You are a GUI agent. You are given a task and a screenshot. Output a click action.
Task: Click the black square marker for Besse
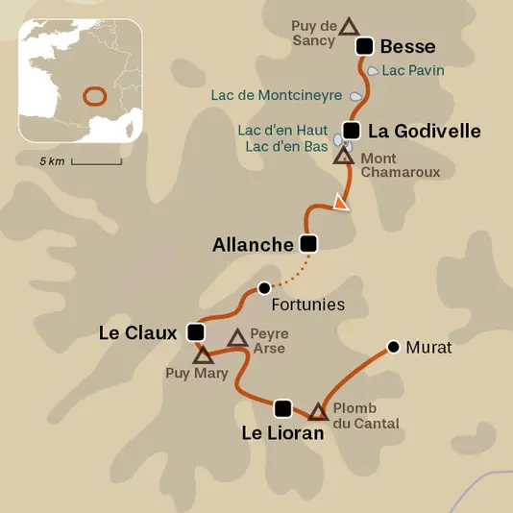(x=364, y=45)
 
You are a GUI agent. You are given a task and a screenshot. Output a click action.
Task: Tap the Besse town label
(x=407, y=46)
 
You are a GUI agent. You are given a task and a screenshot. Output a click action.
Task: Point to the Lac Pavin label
(x=412, y=70)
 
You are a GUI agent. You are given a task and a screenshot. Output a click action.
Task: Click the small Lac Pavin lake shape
(x=372, y=71)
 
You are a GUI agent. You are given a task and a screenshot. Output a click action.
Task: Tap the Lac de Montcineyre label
(x=278, y=95)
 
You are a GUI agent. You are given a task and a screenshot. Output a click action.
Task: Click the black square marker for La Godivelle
(x=352, y=131)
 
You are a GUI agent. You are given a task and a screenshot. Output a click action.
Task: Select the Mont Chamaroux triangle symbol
(x=343, y=155)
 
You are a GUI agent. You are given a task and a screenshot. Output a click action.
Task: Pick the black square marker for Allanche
(x=308, y=243)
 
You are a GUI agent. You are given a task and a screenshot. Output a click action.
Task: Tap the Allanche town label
(x=252, y=245)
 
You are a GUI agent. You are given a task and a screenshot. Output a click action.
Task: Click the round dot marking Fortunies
(x=264, y=287)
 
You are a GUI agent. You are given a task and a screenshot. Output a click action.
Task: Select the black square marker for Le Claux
(x=196, y=332)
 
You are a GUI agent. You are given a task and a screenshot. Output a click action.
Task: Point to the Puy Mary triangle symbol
(x=203, y=355)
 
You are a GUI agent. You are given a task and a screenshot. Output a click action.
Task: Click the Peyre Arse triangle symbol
(x=237, y=337)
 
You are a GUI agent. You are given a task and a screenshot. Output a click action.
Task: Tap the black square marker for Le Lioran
(x=282, y=407)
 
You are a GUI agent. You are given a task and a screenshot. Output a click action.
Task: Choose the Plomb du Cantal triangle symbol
(x=318, y=411)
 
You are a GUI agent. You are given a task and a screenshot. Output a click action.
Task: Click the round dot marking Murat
(x=392, y=346)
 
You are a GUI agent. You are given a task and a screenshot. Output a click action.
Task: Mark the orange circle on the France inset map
(x=94, y=96)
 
